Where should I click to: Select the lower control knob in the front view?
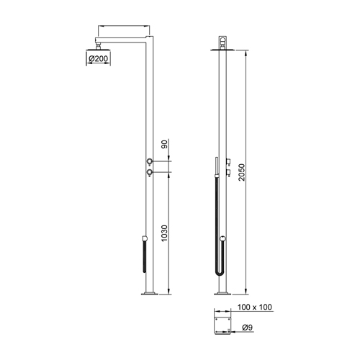coord(148,173)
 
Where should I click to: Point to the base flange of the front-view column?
coord(150,292)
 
